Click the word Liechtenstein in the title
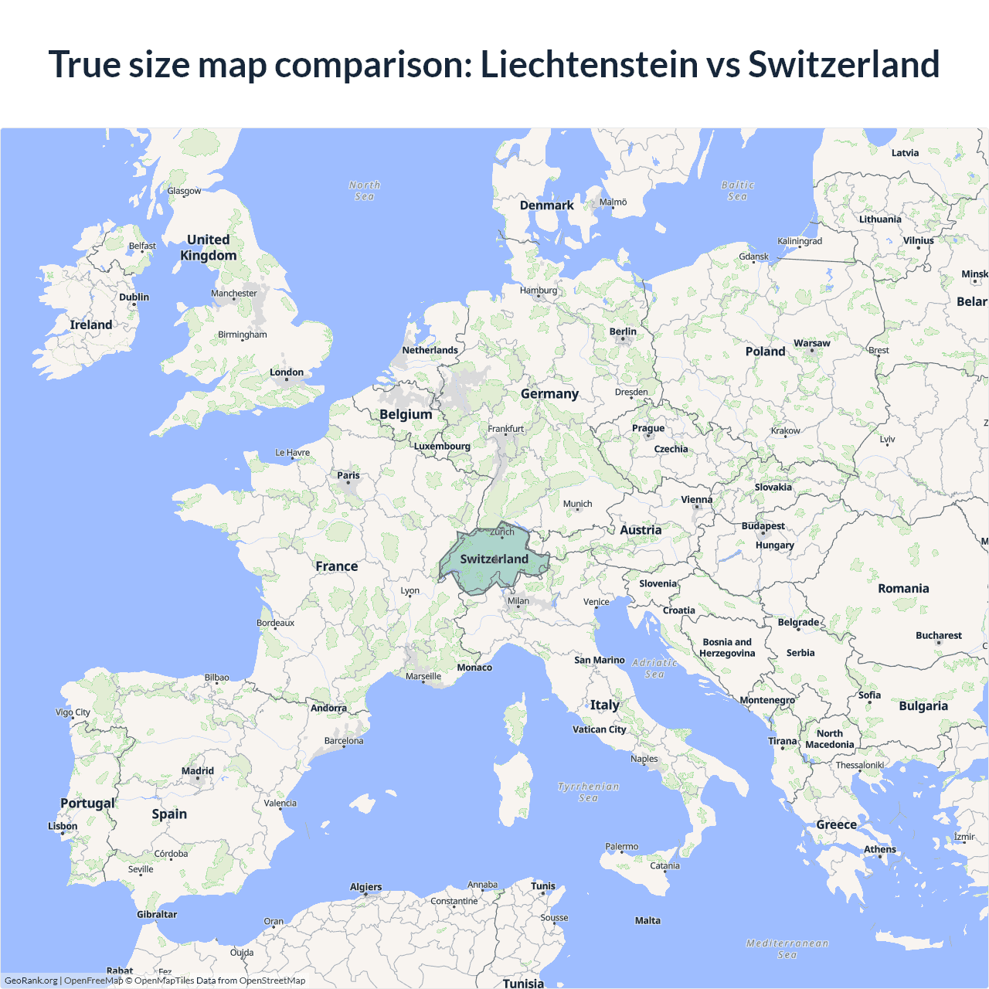(590, 64)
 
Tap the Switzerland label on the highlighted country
(494, 559)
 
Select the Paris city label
(348, 475)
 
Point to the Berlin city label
(623, 331)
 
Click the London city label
(287, 372)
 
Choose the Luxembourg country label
(442, 446)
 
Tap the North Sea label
(365, 191)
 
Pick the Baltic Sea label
(738, 191)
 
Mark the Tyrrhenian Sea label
(589, 792)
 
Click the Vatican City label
(600, 729)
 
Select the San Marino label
(600, 660)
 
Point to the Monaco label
(474, 668)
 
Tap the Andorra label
(328, 708)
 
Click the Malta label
(647, 920)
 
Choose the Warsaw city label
(812, 343)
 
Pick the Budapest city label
(763, 526)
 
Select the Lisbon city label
(63, 826)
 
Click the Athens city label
(880, 849)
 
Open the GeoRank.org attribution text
(31, 981)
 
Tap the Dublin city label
(134, 297)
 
